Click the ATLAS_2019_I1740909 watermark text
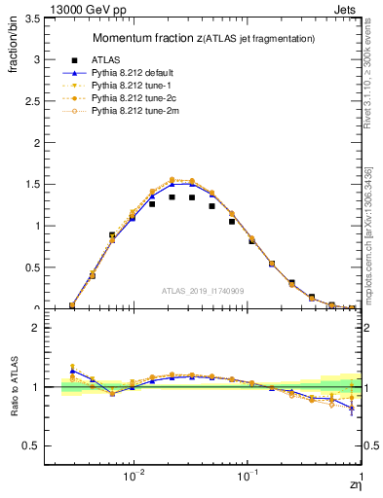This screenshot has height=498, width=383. (x=202, y=291)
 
